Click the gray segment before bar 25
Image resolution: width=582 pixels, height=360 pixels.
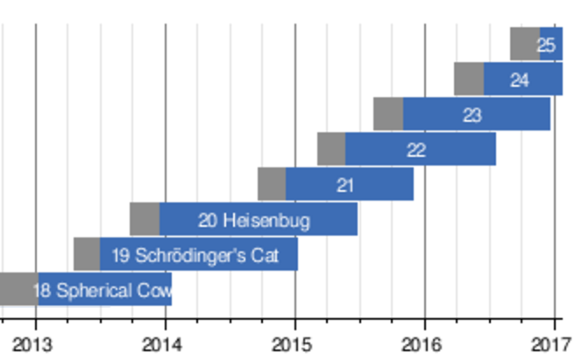point(524,44)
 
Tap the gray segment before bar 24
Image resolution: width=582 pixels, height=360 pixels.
point(468,79)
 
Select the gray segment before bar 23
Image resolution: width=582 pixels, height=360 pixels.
point(387,114)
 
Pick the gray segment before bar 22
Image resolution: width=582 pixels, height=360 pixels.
point(330,149)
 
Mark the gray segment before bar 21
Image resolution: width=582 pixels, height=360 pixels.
point(271,184)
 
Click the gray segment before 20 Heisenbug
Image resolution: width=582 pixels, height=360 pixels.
point(144,219)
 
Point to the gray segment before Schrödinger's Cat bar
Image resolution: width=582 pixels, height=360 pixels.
point(86,254)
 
